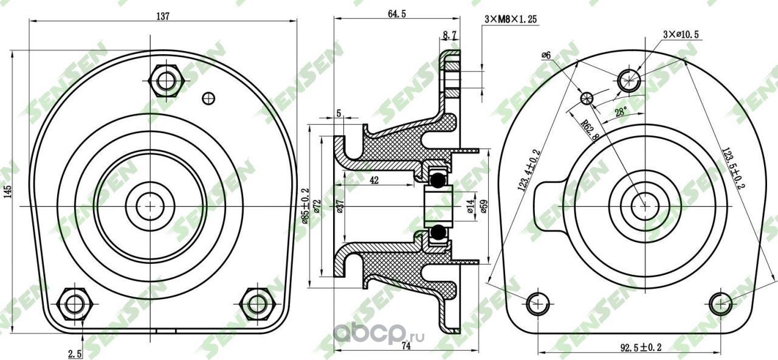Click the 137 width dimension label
tap(162, 16)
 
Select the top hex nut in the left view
tap(165, 80)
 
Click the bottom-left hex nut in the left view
tap(74, 302)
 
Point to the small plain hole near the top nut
tap(208, 97)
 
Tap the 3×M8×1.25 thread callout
tap(512, 19)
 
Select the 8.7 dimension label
tap(450, 37)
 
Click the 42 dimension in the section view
tap(374, 180)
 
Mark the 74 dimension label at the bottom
tap(406, 345)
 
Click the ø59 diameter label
tap(484, 207)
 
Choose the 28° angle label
tap(620, 112)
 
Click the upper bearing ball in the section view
tap(438, 179)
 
